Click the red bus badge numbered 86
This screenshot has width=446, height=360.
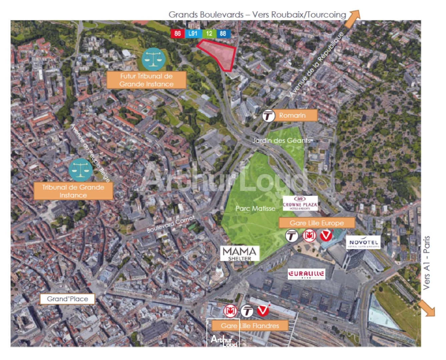point(177,33)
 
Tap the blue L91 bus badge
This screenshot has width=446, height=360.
point(193,33)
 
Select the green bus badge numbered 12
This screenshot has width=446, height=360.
point(209,33)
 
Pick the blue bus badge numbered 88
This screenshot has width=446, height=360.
point(223,33)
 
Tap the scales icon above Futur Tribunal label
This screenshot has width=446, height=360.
point(153,59)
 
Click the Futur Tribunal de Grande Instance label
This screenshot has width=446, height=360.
point(146,80)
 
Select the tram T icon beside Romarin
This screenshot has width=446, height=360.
point(268,116)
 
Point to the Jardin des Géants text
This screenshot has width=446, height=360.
point(281,141)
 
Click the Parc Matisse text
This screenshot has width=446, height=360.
point(256,208)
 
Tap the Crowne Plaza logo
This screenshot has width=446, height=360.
point(300,203)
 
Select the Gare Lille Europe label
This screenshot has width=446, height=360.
point(317,223)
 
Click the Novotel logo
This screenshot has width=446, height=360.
point(364,243)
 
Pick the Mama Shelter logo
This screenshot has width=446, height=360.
point(240,253)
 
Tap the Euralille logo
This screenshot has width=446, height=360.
point(306,274)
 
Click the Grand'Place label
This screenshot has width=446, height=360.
point(67,299)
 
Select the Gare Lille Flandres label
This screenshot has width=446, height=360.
point(250,326)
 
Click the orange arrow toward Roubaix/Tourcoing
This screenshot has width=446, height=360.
point(353,18)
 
